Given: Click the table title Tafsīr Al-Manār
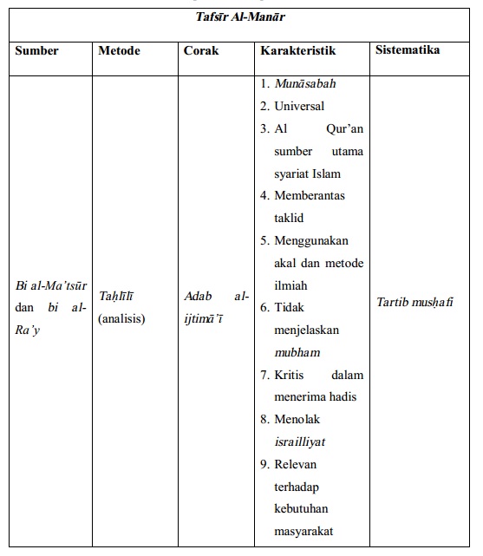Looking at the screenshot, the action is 241,15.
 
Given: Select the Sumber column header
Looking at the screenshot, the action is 36,50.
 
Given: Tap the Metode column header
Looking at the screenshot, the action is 120,50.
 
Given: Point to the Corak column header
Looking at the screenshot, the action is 201,50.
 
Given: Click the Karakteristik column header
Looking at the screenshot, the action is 297,50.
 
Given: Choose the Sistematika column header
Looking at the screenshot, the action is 408,49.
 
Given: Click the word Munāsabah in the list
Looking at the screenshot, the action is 305,84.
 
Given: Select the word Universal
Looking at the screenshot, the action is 299,106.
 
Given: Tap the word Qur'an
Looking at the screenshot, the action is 345,128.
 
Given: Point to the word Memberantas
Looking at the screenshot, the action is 310,196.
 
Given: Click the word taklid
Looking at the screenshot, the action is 289,218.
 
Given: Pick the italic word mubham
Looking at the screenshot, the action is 297,352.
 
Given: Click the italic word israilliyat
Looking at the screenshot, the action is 300,442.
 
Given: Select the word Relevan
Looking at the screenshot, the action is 297,464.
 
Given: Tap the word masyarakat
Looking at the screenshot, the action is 304,531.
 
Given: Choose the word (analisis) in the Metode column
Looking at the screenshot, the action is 121,318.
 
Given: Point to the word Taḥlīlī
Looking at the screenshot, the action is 115,297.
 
